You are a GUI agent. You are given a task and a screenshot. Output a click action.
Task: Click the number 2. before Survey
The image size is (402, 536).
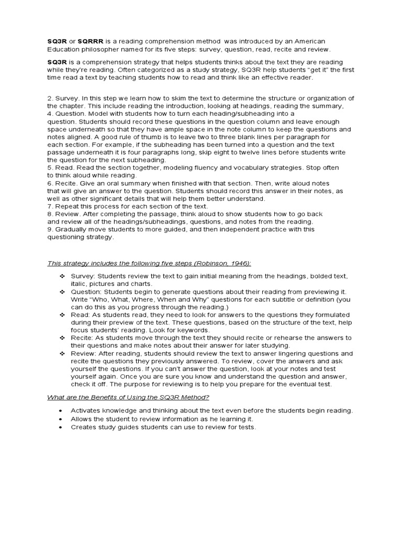pos(50,98)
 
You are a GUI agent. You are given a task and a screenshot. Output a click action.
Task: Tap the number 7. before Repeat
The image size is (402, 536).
pos(50,206)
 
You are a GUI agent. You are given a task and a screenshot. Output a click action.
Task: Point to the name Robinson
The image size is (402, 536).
pos(217,263)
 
